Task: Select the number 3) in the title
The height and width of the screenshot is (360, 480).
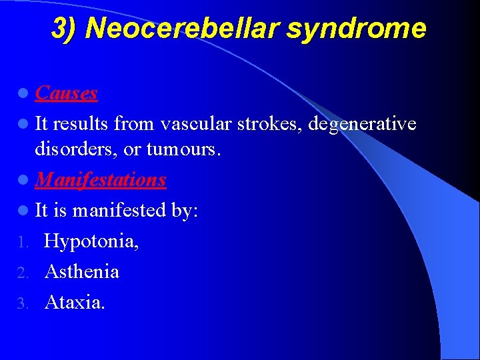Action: [65, 29]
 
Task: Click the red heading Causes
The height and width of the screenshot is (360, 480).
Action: [67, 93]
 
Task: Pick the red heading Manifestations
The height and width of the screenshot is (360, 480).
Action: [101, 180]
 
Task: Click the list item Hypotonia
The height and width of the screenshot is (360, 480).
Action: [91, 241]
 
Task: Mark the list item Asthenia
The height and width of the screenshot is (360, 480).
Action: [82, 272]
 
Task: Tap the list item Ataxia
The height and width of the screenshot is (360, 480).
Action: [75, 303]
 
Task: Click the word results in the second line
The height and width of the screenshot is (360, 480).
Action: [81, 123]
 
